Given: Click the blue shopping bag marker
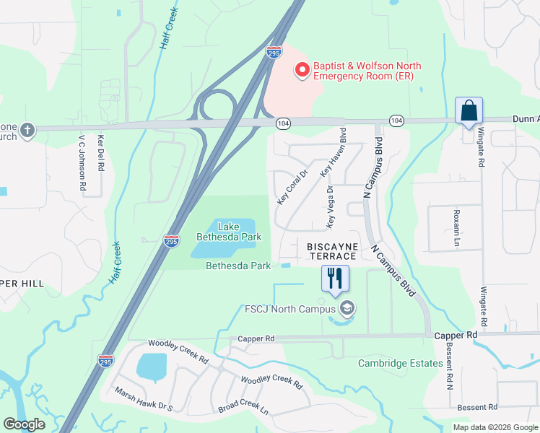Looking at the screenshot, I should [x=469, y=112].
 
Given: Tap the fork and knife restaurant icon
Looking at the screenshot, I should [x=334, y=279].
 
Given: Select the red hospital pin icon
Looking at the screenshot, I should [x=302, y=71].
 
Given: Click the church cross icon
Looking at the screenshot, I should [x=27, y=131].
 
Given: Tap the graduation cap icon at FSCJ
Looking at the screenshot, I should [x=347, y=310].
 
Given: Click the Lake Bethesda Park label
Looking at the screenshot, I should [x=229, y=232].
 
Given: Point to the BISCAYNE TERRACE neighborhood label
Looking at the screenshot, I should [x=333, y=251].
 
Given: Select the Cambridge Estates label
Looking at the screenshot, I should [x=400, y=363].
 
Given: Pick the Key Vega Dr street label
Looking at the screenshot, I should [x=330, y=207].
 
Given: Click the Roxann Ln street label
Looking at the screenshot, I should [x=456, y=228].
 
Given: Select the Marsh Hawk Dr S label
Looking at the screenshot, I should [x=144, y=398].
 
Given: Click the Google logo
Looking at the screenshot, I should [x=25, y=424].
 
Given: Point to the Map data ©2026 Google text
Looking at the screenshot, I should [x=495, y=427].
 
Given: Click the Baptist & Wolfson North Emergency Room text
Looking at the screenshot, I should [x=367, y=71].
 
